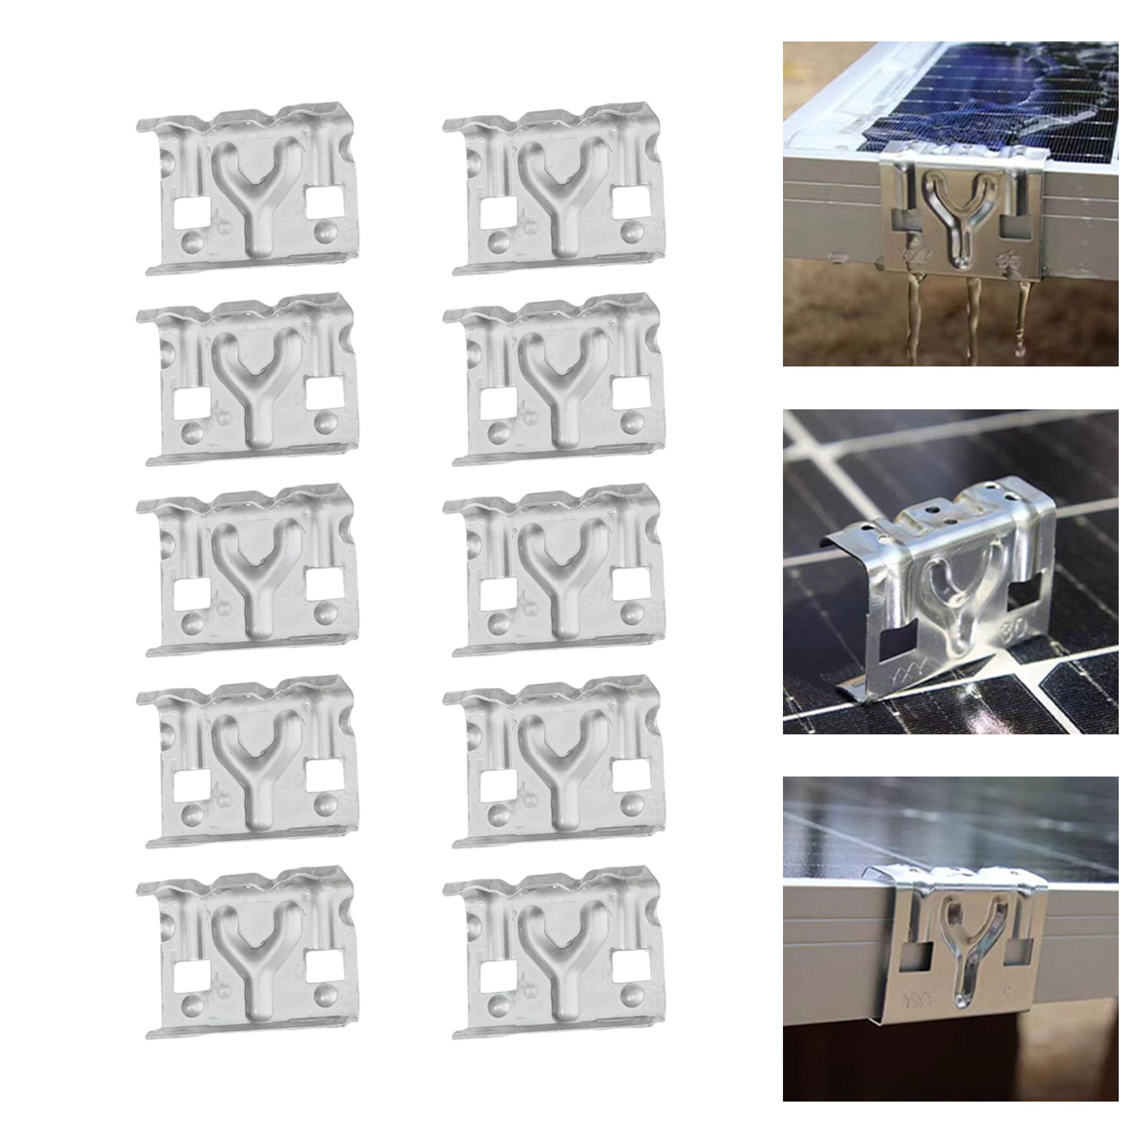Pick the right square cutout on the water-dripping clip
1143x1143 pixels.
tap(1013, 227)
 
